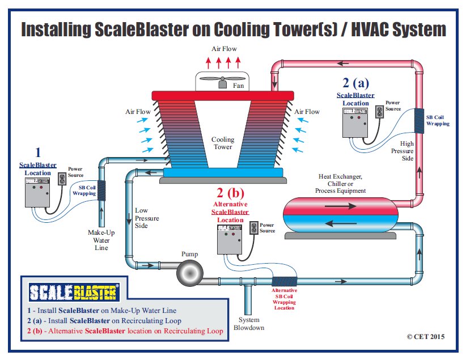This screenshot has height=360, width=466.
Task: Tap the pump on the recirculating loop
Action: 190,274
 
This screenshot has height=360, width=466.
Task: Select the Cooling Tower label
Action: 223,143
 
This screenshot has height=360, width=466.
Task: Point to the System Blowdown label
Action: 248,323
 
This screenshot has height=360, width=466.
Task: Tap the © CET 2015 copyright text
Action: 426,336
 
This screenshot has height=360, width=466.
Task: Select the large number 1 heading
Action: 38,152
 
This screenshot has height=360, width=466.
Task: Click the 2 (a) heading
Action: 355,83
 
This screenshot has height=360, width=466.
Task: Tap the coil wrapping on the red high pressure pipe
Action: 420,120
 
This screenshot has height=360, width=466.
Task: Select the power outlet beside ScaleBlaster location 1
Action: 62,180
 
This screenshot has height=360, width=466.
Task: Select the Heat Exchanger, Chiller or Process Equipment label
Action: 341,184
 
